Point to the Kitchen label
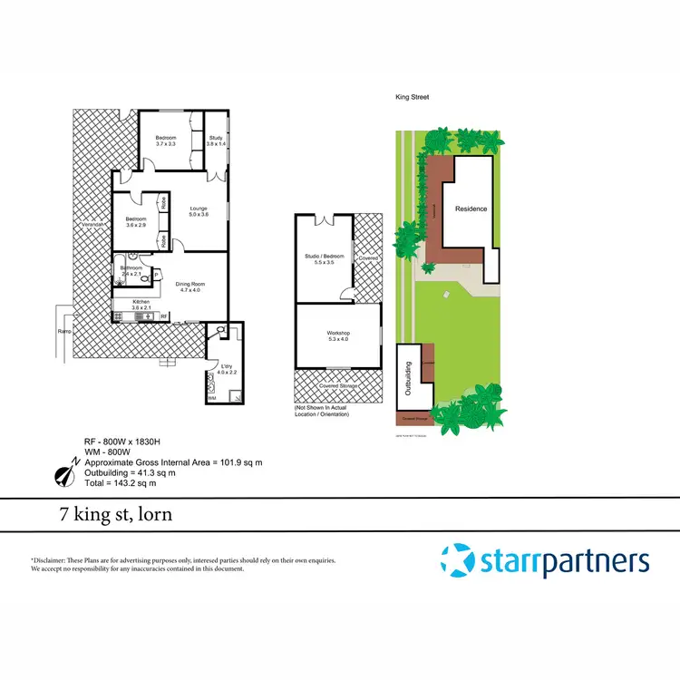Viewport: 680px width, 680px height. [x=141, y=304]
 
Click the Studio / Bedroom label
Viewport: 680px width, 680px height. [x=324, y=259]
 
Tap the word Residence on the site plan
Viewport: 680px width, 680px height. [x=471, y=209]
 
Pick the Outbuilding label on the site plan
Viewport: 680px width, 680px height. [x=407, y=375]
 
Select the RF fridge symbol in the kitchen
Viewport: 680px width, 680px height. [x=164, y=316]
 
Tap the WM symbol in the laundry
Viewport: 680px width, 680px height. [x=212, y=396]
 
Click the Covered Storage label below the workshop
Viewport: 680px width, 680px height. [x=336, y=385]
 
